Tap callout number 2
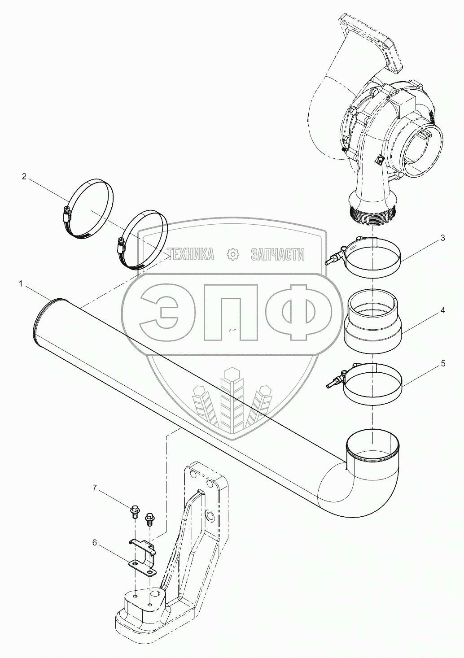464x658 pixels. [24, 176]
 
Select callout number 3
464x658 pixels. [442, 238]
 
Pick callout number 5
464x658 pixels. [443, 363]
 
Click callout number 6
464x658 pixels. [95, 542]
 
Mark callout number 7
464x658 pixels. [95, 488]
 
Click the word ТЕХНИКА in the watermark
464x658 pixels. [190, 255]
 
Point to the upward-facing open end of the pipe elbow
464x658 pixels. [372, 446]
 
